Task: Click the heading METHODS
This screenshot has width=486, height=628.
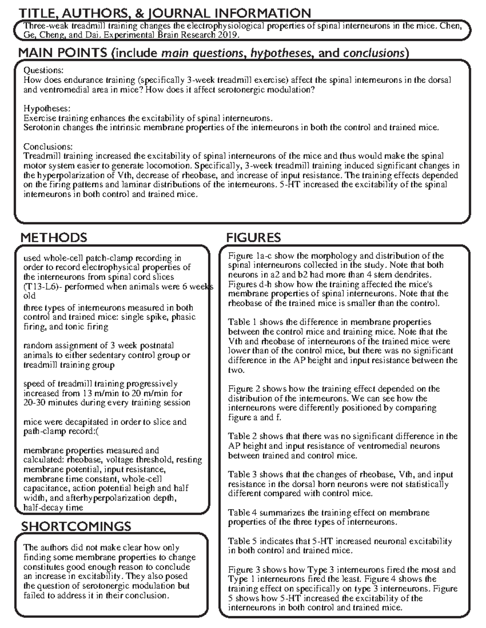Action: point(53,237)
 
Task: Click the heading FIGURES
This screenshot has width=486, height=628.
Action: point(253,237)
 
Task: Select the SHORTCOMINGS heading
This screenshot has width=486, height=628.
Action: point(76,527)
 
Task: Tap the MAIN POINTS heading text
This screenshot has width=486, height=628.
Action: point(63,53)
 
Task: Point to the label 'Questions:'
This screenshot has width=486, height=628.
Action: point(43,71)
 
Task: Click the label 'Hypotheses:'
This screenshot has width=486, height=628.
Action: point(47,109)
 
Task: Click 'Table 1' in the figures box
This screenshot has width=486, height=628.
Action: point(242,322)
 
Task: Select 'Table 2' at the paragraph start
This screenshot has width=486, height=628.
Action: point(242,436)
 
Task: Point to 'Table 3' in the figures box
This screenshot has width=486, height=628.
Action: point(242,474)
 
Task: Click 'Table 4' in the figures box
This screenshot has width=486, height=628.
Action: point(242,513)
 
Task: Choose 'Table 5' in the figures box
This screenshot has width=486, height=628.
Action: point(242,541)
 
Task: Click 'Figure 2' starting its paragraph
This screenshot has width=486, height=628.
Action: point(244,389)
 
